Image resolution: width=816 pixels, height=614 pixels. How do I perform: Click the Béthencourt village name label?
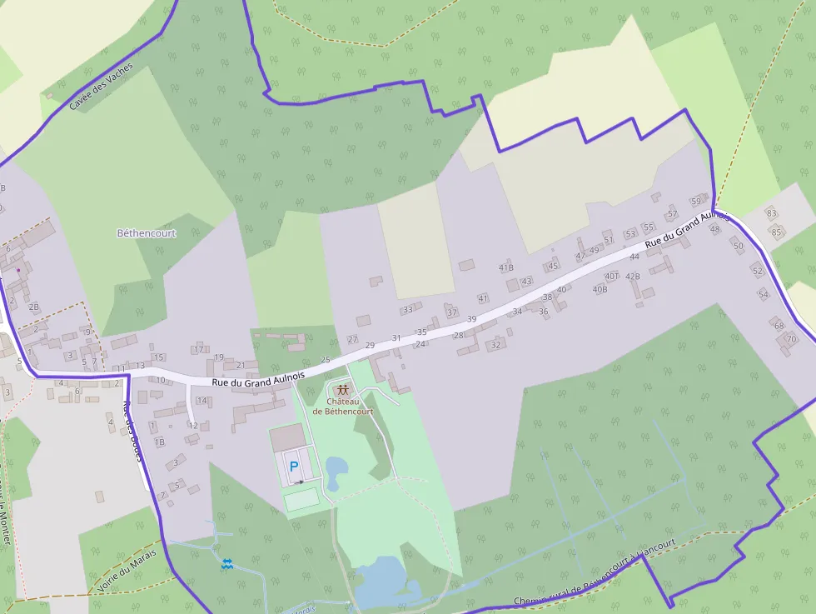pos(147,233)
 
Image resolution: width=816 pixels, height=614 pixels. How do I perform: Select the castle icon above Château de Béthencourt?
pos(342,389)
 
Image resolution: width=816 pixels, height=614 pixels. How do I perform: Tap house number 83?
pos(771,213)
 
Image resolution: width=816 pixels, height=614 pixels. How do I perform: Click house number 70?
pos(791,339)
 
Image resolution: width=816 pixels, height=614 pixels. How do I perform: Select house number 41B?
pos(506,268)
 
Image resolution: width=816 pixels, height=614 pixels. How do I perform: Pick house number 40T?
pos(612,276)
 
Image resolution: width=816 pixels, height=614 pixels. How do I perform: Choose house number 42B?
pos(633,277)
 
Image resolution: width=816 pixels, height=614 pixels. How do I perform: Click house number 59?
pos(696,202)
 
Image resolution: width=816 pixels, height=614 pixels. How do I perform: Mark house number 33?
pos(407,310)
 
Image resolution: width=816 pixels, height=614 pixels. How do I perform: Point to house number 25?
pos(326,359)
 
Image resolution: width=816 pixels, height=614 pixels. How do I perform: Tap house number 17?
pos(198,349)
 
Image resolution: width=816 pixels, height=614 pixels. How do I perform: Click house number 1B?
pos(160,442)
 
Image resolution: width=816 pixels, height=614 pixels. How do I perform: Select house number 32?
pos(496,345)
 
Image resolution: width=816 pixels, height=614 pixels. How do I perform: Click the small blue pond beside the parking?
pos(336,472)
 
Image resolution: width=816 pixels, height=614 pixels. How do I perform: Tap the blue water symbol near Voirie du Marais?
pos(226,564)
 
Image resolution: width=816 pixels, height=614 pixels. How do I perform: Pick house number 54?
pos(763,294)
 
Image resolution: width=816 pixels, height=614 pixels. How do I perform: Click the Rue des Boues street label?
pos(133,432)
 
